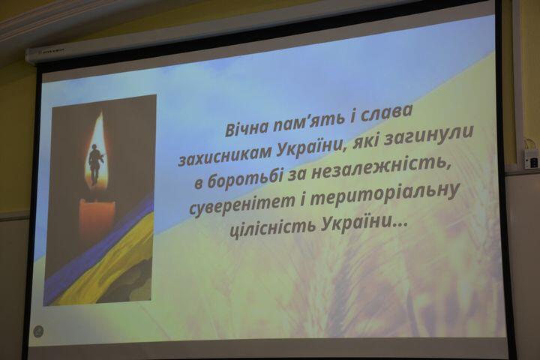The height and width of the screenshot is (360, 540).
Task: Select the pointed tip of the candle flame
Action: tap(101, 112)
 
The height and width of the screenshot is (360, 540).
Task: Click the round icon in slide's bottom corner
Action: tap(38, 331)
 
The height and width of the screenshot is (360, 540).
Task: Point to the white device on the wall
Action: tap(531, 158)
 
